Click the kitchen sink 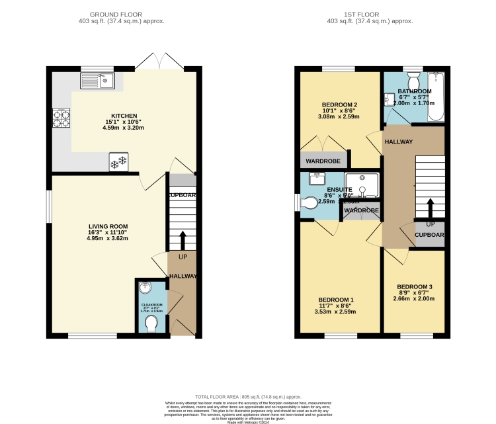coord(97,81)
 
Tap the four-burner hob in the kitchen coord(62,118)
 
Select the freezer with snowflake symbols coord(119,162)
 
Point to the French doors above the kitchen coord(159,63)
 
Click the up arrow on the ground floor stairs coord(183,240)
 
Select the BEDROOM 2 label coord(339,105)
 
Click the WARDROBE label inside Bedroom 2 coord(323,159)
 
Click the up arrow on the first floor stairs coord(431,208)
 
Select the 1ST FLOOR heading coord(370,14)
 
